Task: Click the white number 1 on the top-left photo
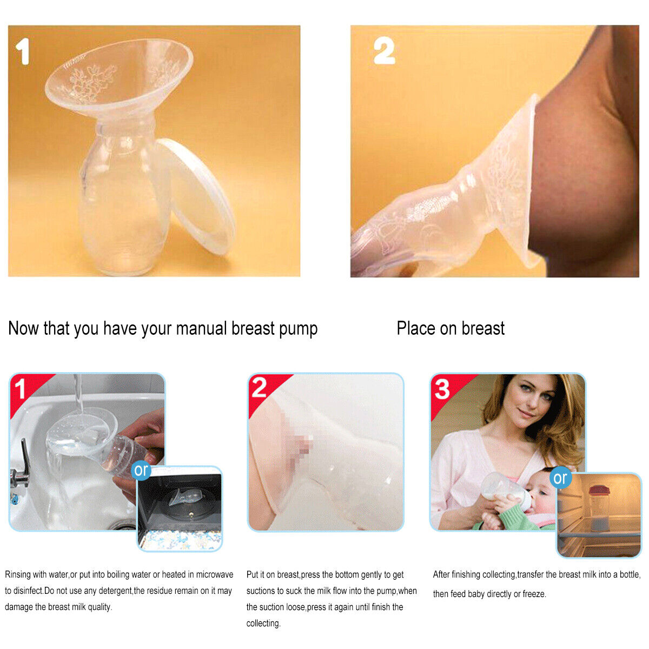[x=23, y=51]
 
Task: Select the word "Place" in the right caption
[x=416, y=328]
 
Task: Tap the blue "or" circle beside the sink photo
[x=142, y=470]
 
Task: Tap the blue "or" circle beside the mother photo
[x=560, y=478]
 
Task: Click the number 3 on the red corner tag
[x=442, y=389]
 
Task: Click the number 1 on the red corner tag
[x=19, y=389]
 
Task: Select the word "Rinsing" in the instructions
[x=17, y=574]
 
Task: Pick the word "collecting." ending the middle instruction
[x=263, y=623]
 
